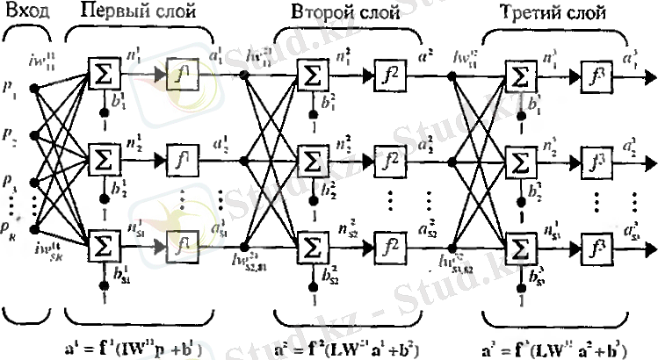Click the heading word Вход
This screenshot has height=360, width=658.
point(27,12)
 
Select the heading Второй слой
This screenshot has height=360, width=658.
point(347,12)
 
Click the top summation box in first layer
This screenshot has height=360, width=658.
point(105,76)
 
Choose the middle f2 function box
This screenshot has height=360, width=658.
point(388,161)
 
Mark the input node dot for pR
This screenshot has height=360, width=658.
point(35,231)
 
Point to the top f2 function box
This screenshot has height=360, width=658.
point(388,76)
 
